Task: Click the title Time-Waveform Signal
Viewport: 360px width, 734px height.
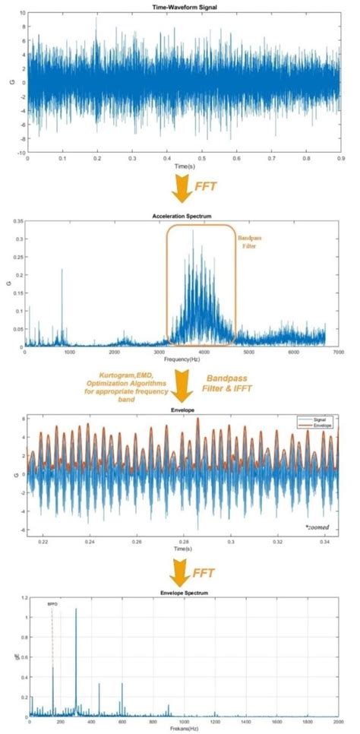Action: (183, 7)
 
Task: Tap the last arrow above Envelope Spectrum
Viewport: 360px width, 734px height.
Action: (182, 566)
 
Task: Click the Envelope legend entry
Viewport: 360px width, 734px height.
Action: (314, 425)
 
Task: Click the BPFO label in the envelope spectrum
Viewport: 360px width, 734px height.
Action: (52, 603)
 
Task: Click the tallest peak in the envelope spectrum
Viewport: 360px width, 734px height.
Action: (76, 610)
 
